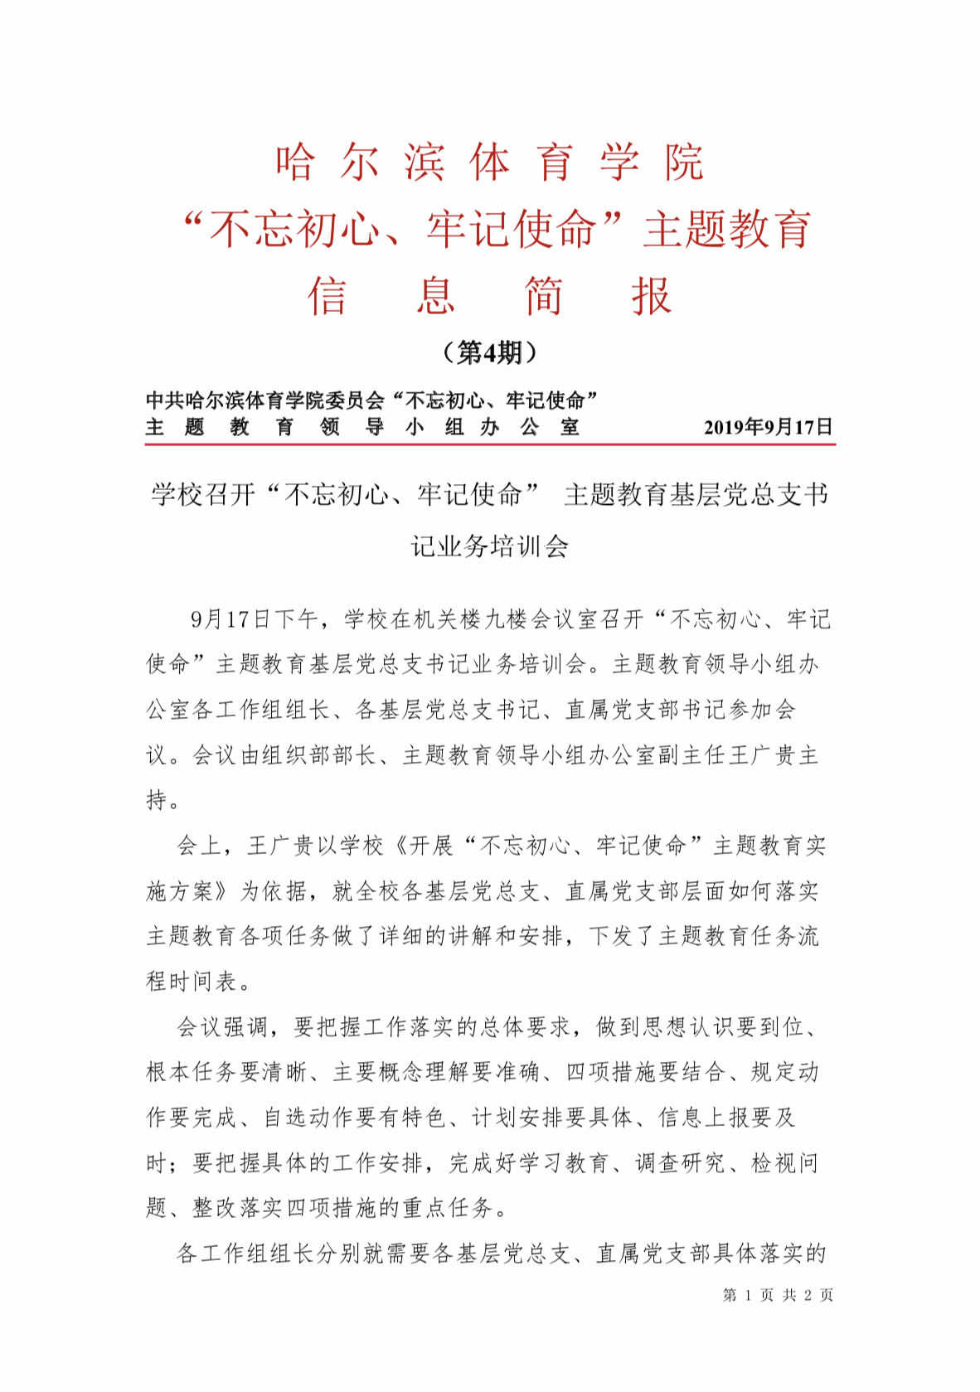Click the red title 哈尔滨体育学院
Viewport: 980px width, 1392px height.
point(489,162)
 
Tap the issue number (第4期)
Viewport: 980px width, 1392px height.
point(489,353)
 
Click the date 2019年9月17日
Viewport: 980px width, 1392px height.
point(768,427)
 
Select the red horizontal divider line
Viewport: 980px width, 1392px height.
point(489,445)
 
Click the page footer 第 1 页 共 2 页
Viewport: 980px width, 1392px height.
point(778,1294)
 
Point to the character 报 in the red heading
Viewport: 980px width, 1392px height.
point(651,296)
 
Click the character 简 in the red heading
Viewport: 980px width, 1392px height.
point(543,296)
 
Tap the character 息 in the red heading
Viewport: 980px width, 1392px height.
point(435,296)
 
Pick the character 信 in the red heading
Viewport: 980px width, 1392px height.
point(327,296)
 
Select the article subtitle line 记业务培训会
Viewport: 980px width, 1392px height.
point(489,546)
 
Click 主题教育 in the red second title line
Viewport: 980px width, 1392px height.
point(727,229)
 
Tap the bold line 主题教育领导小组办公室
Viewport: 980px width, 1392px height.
point(362,427)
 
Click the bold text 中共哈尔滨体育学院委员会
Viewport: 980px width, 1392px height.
point(265,400)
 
